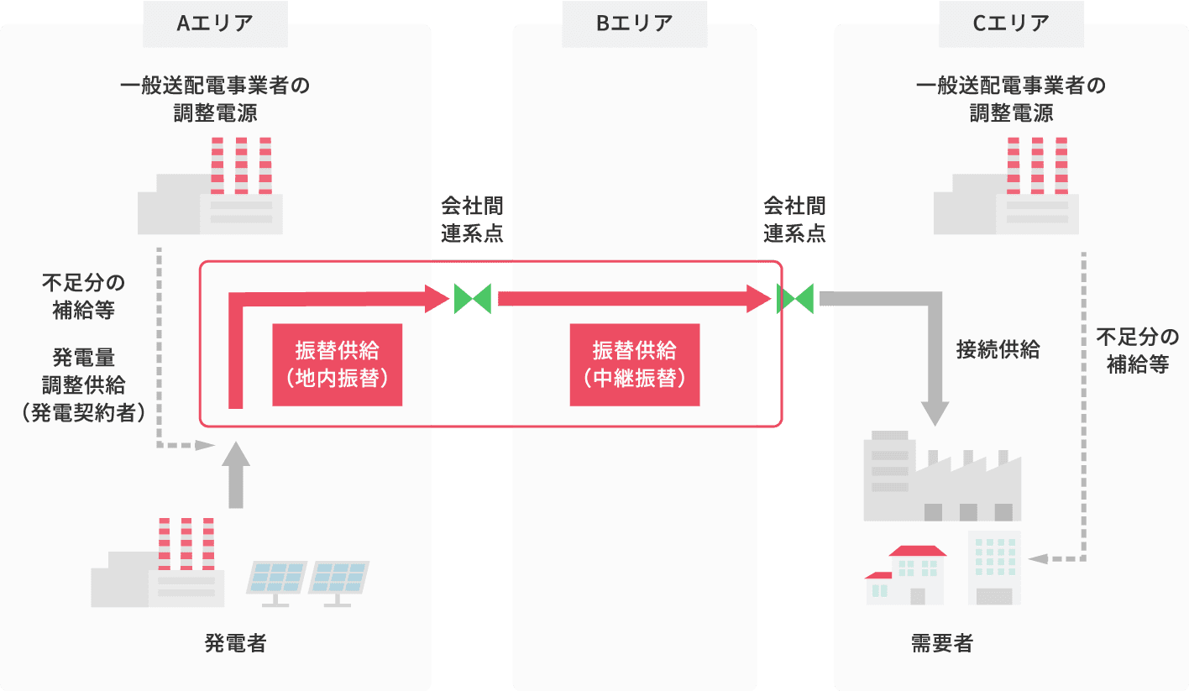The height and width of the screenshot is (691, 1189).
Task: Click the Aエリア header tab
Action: pyautogui.click(x=215, y=24)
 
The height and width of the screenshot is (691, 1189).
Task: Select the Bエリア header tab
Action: pyautogui.click(x=635, y=24)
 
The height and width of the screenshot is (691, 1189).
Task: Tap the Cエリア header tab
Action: pyautogui.click(x=1011, y=24)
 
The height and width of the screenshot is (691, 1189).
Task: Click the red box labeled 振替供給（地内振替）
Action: pyautogui.click(x=338, y=364)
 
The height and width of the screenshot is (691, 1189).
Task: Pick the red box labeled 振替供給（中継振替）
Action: pyautogui.click(x=635, y=364)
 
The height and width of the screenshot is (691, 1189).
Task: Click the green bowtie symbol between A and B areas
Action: pyautogui.click(x=473, y=299)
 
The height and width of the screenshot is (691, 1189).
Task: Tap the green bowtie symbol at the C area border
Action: pyautogui.click(x=795, y=299)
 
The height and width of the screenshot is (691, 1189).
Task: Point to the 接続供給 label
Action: pyautogui.click(x=998, y=350)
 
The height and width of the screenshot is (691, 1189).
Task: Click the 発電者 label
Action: pyautogui.click(x=236, y=644)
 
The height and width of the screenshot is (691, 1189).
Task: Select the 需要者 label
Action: pyautogui.click(x=942, y=644)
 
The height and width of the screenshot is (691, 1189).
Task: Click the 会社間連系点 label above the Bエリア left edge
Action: pyautogui.click(x=473, y=220)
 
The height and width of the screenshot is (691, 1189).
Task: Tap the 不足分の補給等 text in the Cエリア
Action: pyautogui.click(x=1138, y=351)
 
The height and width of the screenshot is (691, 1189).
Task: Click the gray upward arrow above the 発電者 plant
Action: pyautogui.click(x=238, y=474)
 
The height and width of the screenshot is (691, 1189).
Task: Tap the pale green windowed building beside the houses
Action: pyautogui.click(x=994, y=567)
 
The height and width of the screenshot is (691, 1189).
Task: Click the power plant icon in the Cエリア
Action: pyautogui.click(x=1006, y=189)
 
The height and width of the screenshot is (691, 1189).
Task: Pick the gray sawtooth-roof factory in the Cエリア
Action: pyautogui.click(x=942, y=479)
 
